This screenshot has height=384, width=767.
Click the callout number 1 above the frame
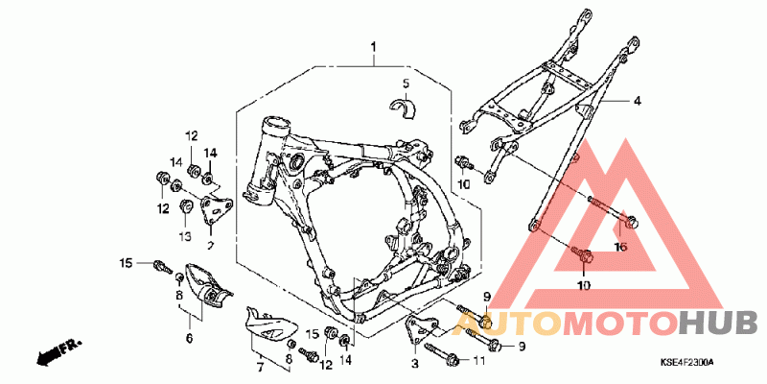pos(375,47)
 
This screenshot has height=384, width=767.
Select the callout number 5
pos(406,84)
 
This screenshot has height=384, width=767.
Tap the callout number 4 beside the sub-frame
pos(635,100)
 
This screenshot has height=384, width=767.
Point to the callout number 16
pos(619,247)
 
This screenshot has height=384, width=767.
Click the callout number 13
pos(186,236)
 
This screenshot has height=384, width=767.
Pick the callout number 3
pos(415,365)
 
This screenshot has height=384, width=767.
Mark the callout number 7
pos(259,366)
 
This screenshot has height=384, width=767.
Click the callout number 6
pos(189,338)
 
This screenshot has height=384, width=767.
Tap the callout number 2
pos(210,245)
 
